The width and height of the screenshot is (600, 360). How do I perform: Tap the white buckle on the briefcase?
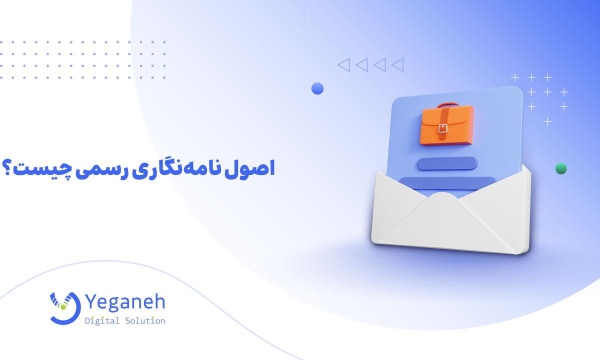pyautogui.click(x=442, y=129)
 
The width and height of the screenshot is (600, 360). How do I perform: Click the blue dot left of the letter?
pyautogui.click(x=317, y=88)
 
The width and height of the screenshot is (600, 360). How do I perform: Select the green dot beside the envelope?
pyautogui.click(x=561, y=168)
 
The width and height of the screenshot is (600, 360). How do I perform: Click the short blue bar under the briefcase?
pyautogui.click(x=447, y=163)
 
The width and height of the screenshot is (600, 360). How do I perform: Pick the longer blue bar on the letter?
pyautogui.click(x=447, y=183)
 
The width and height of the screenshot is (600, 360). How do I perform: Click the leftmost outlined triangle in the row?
pyautogui.click(x=343, y=64)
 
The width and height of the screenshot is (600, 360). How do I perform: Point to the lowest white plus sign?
pyautogui.click(x=547, y=121)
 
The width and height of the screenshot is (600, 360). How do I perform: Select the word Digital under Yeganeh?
pyautogui.click(x=102, y=321)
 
